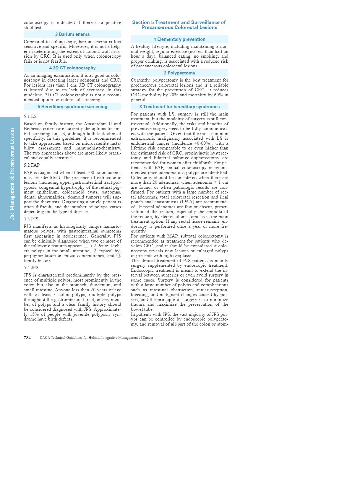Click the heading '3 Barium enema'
(x=72, y=34)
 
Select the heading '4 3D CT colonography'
(x=72, y=68)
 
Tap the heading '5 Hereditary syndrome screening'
(x=72, y=107)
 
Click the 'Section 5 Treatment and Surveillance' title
(x=179, y=25)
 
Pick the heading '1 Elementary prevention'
(x=179, y=39)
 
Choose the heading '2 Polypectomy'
(x=179, y=73)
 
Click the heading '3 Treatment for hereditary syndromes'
(x=179, y=107)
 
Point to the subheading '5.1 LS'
(x=30, y=116)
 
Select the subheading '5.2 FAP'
(x=32, y=165)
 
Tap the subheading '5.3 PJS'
(x=31, y=219)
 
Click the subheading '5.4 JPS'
(x=31, y=268)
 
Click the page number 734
(x=27, y=338)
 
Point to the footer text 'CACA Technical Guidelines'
(x=96, y=338)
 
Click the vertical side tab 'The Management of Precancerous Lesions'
(x=12, y=174)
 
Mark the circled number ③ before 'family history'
(x=119, y=256)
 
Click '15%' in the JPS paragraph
(x=34, y=314)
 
